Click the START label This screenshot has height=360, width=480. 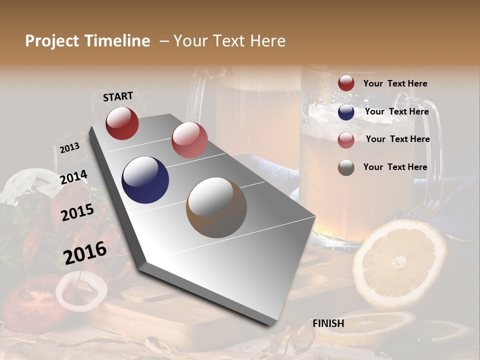(x=118, y=96)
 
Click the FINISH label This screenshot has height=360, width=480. (x=328, y=323)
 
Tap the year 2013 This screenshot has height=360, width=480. (x=69, y=147)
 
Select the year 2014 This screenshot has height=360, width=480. (x=73, y=177)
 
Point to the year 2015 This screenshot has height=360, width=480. (x=77, y=212)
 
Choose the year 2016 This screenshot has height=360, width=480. (x=85, y=252)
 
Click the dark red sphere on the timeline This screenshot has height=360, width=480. (x=122, y=123)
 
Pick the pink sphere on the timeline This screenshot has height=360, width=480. (x=189, y=140)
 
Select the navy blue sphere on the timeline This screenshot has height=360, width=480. (x=145, y=180)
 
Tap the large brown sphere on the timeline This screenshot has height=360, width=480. (x=216, y=207)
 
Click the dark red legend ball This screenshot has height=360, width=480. (x=346, y=83)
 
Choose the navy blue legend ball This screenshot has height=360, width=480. (x=346, y=112)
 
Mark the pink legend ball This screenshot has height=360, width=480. (x=346, y=140)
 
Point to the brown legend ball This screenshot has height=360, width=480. (x=346, y=167)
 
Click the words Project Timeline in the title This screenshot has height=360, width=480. (x=87, y=41)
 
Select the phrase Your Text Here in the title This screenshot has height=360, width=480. (x=229, y=41)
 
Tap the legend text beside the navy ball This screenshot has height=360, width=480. (x=396, y=111)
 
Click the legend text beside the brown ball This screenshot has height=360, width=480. (x=395, y=167)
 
